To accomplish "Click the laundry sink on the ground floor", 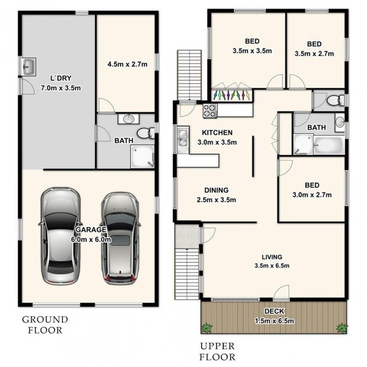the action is click(29, 67).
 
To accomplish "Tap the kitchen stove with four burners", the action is click(210, 110).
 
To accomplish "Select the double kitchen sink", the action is click(183, 140).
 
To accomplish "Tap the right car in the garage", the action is click(120, 238).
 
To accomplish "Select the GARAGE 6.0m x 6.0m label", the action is click(91, 234).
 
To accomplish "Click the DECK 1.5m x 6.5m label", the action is click(274, 316).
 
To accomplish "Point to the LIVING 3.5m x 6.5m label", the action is click(272, 261).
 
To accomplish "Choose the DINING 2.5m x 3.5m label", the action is click(216, 195).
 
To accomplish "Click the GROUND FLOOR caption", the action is click(45, 325).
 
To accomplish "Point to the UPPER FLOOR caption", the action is click(217, 352).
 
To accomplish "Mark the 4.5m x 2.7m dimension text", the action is click(127, 64).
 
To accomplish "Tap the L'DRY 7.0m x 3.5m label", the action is click(61, 83).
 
